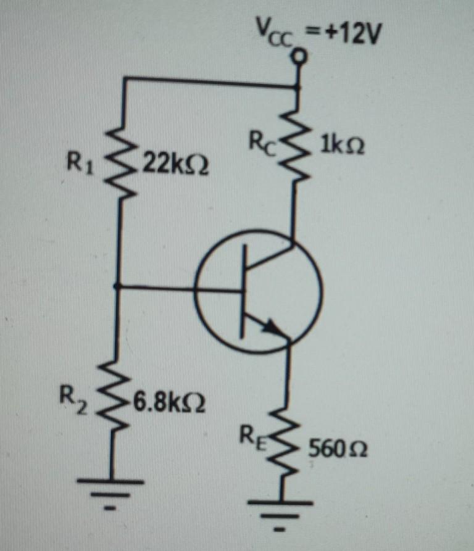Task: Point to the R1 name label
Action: [80, 165]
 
